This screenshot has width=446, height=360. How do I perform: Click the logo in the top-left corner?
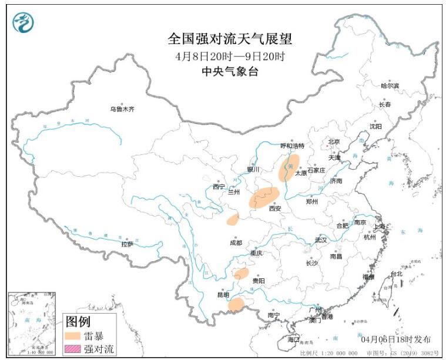click(23, 22)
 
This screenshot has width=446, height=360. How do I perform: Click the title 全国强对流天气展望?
click(230, 39)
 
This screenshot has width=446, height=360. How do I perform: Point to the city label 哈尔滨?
click(389, 86)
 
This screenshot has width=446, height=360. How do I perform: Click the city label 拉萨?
click(127, 244)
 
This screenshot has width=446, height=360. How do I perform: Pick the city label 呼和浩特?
click(292, 146)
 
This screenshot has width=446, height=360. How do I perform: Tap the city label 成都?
click(235, 243)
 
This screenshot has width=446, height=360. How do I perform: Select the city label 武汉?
click(320, 240)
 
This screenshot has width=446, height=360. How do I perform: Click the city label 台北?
click(397, 274)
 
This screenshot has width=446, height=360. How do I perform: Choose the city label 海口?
click(293, 339)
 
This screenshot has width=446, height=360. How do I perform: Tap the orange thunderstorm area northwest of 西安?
click(264, 197)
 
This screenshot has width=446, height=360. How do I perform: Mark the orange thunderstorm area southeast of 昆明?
click(236, 304)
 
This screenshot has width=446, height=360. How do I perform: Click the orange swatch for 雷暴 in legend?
click(73, 337)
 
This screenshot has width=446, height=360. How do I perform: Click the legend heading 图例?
click(78, 322)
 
